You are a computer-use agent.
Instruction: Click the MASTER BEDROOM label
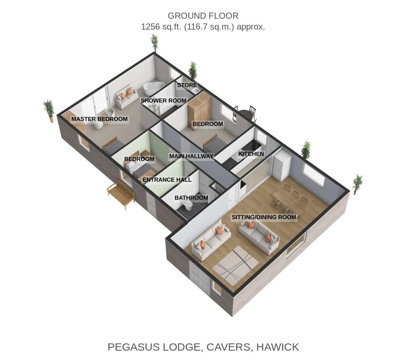(99, 119)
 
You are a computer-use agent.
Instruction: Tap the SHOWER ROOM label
(163, 101)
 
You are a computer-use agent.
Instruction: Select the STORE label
(187, 85)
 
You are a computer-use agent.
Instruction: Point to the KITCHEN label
(251, 154)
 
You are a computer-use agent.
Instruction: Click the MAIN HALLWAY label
(191, 157)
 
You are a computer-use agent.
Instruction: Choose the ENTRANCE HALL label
(167, 180)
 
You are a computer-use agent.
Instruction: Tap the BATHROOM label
(191, 198)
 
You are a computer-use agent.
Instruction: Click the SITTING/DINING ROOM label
(264, 217)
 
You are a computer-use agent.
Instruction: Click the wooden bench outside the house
(121, 194)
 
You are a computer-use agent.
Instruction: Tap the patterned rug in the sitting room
(236, 265)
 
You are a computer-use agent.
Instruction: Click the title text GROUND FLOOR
(203, 16)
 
